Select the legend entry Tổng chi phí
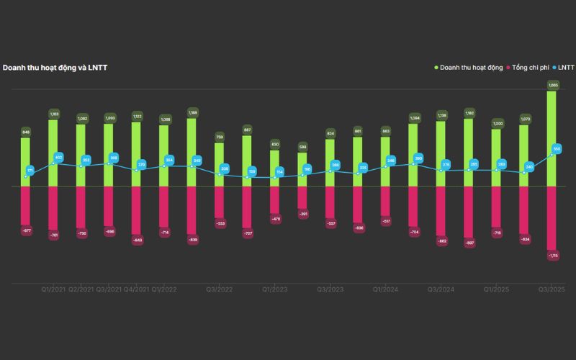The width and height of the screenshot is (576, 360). [530, 67]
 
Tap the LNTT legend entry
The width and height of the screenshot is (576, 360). [566, 67]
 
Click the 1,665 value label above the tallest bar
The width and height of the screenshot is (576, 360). [553, 85]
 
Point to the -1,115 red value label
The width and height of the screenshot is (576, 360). [553, 255]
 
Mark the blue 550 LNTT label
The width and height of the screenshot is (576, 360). [557, 148]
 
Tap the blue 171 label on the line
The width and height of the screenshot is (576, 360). [30, 171]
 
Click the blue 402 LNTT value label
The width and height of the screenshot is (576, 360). [59, 158]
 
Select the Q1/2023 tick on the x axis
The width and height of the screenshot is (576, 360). [274, 289]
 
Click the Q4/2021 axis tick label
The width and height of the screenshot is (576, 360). [136, 289]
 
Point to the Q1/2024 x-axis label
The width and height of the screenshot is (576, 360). [385, 289]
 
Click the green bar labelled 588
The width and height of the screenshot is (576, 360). [302, 169]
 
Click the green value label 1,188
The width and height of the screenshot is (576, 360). [192, 112]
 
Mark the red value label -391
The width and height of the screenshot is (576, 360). [302, 214]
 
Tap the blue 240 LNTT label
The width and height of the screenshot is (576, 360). [529, 167]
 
